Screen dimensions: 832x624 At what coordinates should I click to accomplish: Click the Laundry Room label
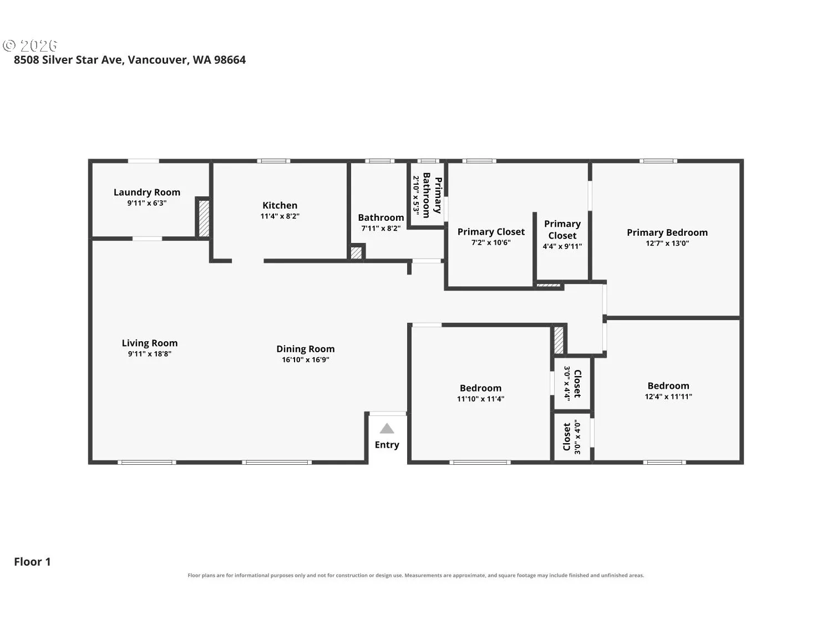146,192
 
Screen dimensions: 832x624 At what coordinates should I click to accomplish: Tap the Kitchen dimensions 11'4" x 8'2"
280,216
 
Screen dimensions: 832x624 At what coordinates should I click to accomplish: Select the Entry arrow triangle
387,428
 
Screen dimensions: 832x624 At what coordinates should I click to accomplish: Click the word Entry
387,444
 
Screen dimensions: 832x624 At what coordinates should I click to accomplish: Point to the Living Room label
149,343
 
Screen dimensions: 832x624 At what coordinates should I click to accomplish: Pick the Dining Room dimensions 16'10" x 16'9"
305,359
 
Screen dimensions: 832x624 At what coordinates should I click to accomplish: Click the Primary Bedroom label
667,232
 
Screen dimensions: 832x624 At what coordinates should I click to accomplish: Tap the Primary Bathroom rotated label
432,195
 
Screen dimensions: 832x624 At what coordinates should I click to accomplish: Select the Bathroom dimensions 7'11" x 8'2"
381,228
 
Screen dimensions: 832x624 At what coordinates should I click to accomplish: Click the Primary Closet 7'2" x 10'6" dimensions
491,242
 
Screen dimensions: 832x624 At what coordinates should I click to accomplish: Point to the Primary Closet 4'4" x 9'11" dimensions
562,246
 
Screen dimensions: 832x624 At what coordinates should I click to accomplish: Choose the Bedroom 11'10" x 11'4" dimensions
480,399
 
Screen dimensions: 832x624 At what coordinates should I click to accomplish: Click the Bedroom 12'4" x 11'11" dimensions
668,396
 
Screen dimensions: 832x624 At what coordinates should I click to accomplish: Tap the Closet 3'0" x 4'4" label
577,383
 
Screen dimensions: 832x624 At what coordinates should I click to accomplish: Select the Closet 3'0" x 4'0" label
567,437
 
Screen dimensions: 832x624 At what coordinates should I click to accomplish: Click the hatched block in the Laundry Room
204,218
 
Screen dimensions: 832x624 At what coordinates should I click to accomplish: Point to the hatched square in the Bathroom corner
356,253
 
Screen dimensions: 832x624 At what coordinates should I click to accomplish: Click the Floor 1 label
32,561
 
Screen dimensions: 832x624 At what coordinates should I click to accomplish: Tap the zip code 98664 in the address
230,60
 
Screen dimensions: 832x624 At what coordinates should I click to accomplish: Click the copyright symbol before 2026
9,45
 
